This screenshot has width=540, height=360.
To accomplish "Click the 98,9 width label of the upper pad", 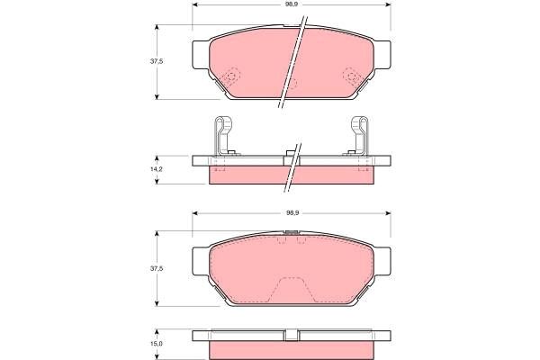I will [x=292, y=5].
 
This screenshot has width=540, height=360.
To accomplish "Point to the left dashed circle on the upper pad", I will [x=230, y=78].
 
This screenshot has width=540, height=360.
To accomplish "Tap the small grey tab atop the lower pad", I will [x=291, y=235].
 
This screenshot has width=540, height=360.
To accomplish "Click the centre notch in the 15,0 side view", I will [x=291, y=337].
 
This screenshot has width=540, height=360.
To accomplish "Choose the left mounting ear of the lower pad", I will [x=200, y=261].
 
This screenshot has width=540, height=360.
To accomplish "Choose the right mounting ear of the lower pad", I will [x=384, y=261].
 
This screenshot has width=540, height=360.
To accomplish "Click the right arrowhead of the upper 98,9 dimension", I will [x=387, y=5].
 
